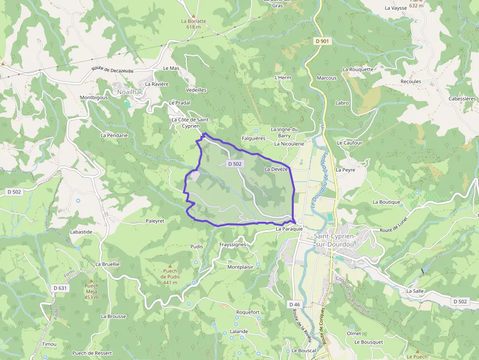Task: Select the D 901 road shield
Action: pos(322,42)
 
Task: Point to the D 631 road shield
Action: pos(62,288)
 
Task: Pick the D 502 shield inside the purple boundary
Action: pos(235,164)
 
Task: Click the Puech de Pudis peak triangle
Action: pos(170,266)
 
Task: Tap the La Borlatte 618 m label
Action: pos(194,24)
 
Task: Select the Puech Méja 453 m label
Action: pos(91,291)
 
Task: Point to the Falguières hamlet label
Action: pos(253,139)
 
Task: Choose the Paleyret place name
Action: pos(155,221)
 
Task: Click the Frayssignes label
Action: pos(233,244)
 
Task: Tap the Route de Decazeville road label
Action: pos(112,70)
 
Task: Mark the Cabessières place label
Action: pos(462,99)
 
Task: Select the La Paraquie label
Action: pos(289,229)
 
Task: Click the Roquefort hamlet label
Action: pos(248,313)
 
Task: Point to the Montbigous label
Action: pos(94,98)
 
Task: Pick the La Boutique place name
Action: pos(386,202)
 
